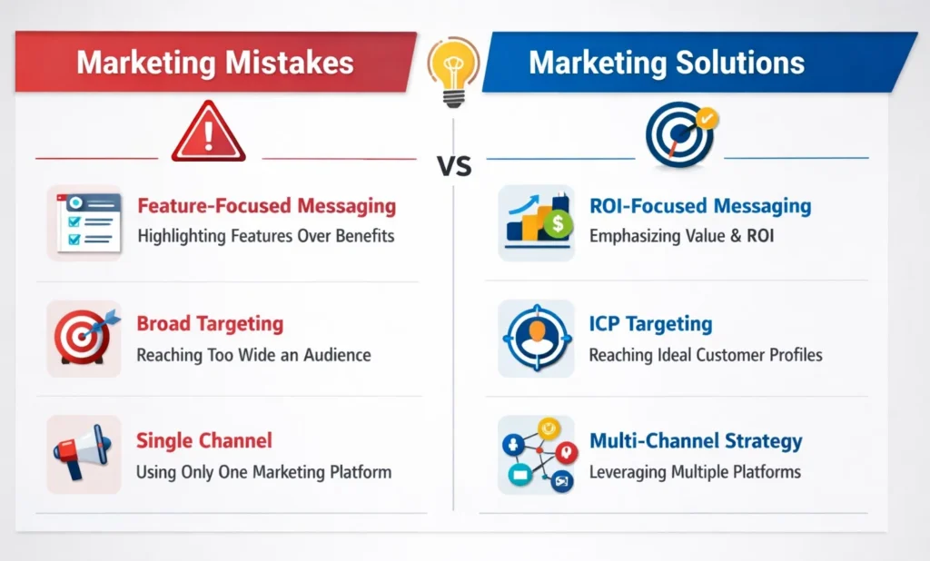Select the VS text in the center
pos(453,166)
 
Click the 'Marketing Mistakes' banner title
pos(214,62)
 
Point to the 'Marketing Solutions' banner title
pos(667,62)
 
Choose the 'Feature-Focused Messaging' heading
pos(266,206)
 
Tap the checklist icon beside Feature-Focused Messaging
pos(84,222)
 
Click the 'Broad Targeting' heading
pos(210,324)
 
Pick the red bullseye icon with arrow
pos(84,339)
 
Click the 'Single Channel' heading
pos(203,441)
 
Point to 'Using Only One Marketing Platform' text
pos(263,472)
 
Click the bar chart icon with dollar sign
pos(536,222)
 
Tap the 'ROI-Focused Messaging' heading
pos(700,206)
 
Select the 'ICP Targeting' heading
pos(650,324)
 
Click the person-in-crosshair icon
pos(536,339)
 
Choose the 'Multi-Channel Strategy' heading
pos(696,441)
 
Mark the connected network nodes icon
pos(536,454)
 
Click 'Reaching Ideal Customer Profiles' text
pos(706,355)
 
